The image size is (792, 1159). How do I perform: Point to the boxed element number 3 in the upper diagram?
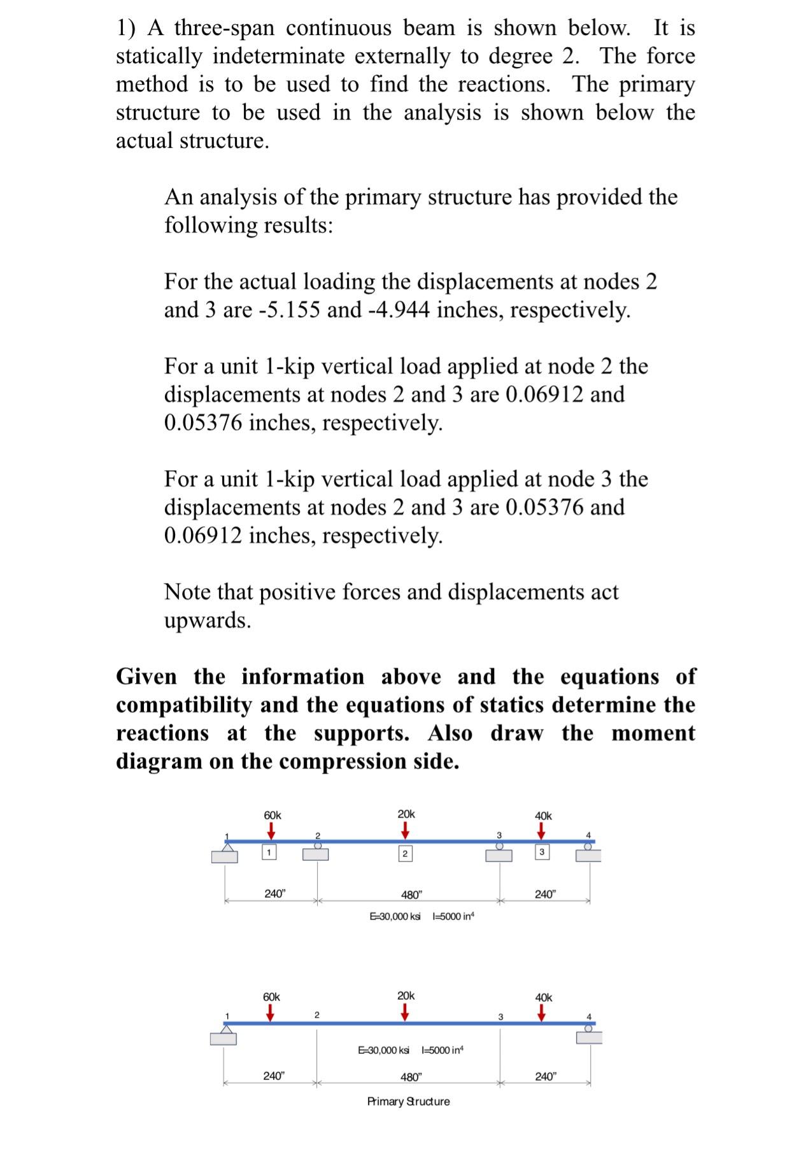tap(541, 852)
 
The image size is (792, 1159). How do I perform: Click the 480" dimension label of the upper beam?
tap(411, 895)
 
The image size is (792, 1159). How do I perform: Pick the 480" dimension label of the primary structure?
tap(411, 1077)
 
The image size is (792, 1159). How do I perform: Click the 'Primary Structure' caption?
tap(408, 1102)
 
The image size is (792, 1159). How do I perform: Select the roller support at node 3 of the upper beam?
tap(499, 852)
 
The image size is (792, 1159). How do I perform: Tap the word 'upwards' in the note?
tap(208, 620)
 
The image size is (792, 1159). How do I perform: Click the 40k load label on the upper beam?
tap(543, 816)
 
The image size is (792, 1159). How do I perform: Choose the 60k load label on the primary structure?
tap(271, 996)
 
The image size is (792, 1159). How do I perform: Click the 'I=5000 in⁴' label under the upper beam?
tap(453, 916)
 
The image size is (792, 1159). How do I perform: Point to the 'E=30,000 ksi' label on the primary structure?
tap(384, 1049)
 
